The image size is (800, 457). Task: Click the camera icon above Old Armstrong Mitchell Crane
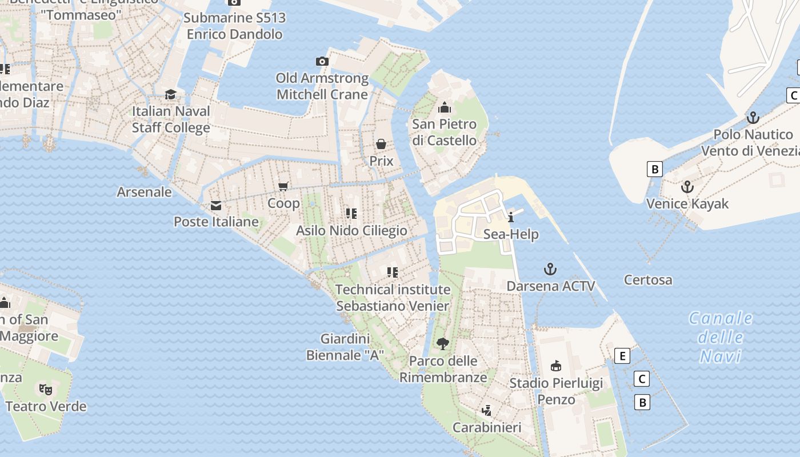pyautogui.click(x=322, y=61)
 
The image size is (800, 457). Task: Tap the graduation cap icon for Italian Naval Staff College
pyautogui.click(x=170, y=94)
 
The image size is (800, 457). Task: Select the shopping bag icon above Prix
pyautogui.click(x=381, y=144)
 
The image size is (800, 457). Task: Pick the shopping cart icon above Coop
pyautogui.click(x=283, y=186)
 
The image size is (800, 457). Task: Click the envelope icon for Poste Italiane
pyautogui.click(x=216, y=205)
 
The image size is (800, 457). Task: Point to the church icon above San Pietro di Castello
pyautogui.click(x=445, y=107)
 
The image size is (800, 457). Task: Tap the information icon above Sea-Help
pyautogui.click(x=511, y=217)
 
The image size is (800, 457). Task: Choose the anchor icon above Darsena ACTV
pyautogui.click(x=550, y=269)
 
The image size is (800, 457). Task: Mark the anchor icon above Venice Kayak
pyautogui.click(x=687, y=187)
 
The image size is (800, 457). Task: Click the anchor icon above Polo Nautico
pyautogui.click(x=753, y=118)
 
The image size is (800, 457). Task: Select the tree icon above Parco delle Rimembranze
pyautogui.click(x=442, y=344)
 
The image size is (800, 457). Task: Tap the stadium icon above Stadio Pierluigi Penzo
pyautogui.click(x=555, y=366)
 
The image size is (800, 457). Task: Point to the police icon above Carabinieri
pyautogui.click(x=486, y=410)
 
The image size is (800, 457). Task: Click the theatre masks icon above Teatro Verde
pyautogui.click(x=46, y=390)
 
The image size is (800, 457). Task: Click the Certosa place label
pyautogui.click(x=648, y=280)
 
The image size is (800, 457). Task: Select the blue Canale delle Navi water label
pyautogui.click(x=721, y=337)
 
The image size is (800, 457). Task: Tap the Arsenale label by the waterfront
pyautogui.click(x=144, y=192)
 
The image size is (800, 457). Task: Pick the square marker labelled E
pyautogui.click(x=622, y=356)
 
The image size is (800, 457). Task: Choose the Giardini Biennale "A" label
pyautogui.click(x=345, y=347)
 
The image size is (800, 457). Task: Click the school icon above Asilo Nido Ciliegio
pyautogui.click(x=351, y=214)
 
